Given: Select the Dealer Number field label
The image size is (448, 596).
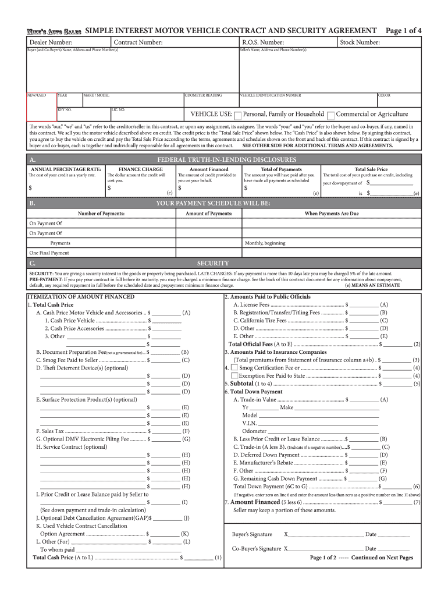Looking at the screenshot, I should click(47, 42).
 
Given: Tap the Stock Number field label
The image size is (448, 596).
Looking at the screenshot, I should click(360, 42).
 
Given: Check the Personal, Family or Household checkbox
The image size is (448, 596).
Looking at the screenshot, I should click(237, 115).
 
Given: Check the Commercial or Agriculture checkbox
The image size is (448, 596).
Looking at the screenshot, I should click(331, 115).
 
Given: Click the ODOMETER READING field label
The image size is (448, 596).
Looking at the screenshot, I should click(203, 95).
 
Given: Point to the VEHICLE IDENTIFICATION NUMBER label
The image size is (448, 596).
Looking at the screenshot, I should click(271, 95).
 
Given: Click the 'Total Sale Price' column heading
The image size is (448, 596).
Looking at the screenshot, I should click(371, 169).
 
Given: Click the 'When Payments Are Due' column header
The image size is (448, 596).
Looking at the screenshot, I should click(332, 214).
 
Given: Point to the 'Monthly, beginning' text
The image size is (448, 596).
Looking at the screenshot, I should click(265, 243).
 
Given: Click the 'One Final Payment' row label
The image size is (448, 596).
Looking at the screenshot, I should click(49, 253).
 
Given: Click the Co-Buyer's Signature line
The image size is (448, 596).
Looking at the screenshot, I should click(326, 549).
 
